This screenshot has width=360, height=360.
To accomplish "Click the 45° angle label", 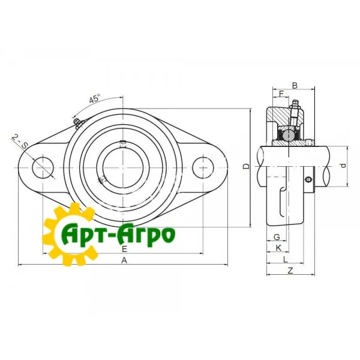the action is coord(95,98).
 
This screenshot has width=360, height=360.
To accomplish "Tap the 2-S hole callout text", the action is coord(20,142).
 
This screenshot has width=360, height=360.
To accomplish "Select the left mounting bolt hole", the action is coord(43,167).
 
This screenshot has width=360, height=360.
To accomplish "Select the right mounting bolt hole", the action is coord(203,167).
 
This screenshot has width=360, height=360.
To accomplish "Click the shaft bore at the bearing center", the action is coord(123,168).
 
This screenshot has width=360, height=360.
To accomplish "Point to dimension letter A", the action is coord(124,260).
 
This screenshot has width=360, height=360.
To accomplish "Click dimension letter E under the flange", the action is coord(124,248).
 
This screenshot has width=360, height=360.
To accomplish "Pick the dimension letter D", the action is coord(246,166).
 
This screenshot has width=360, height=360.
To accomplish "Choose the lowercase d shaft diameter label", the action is coord(343,166).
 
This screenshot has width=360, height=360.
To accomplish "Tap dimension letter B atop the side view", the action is coord(295,86).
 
